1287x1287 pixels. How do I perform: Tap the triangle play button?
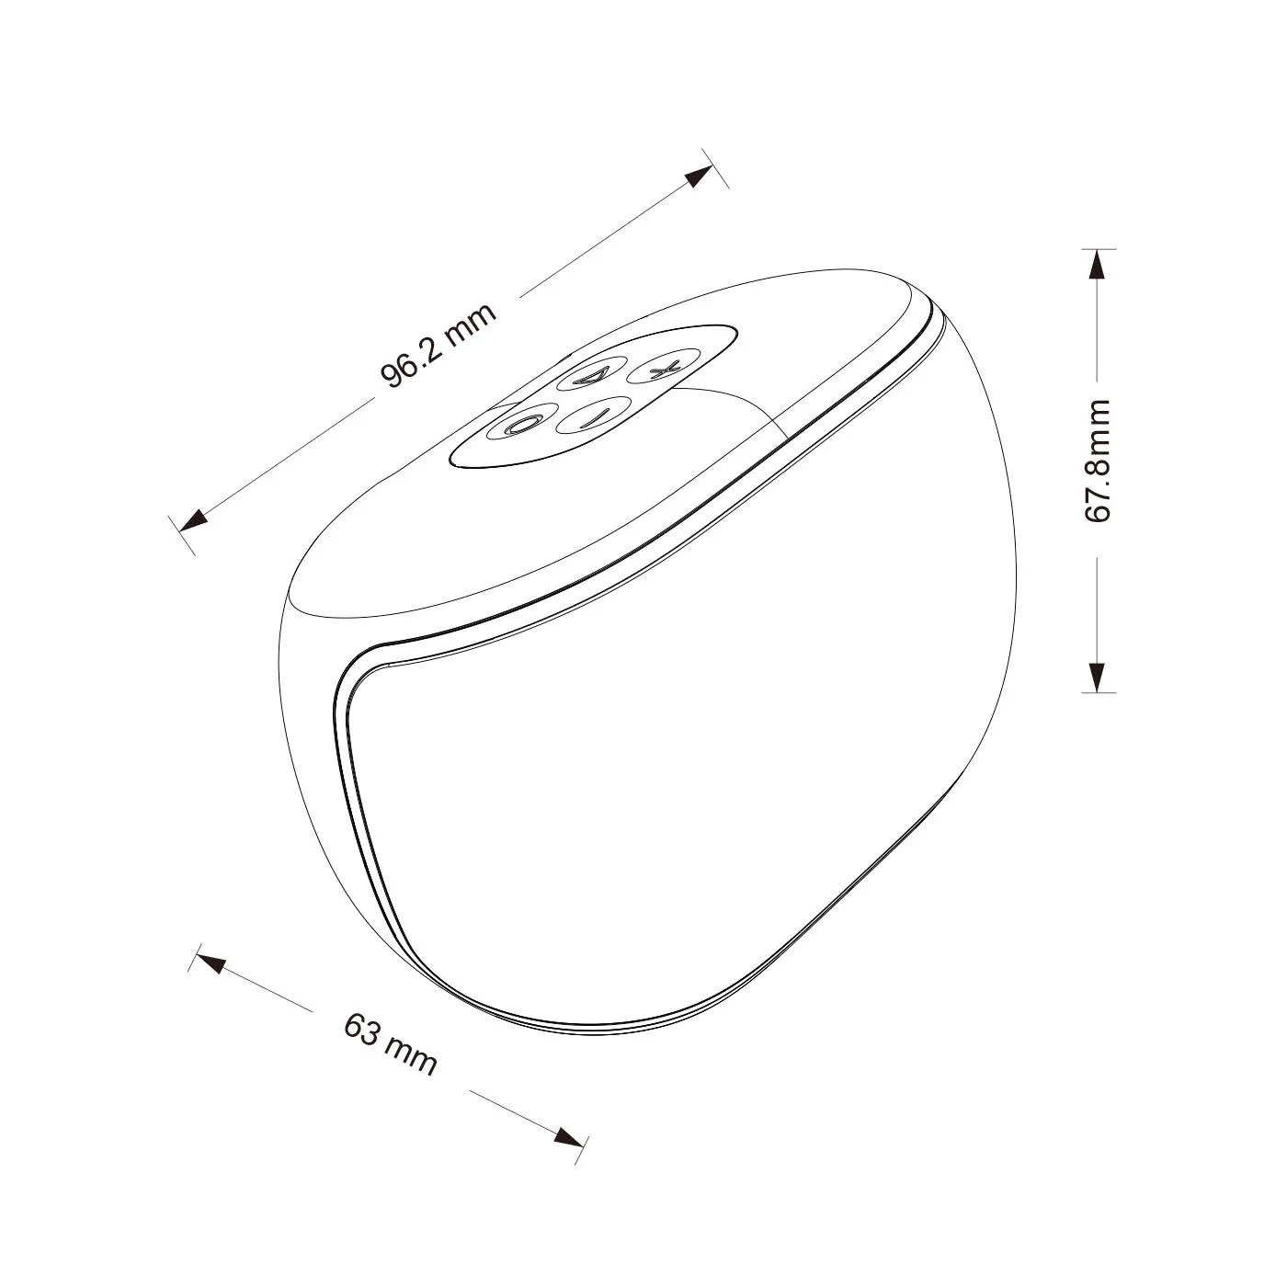pyautogui.click(x=593, y=375)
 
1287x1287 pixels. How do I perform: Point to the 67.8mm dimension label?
pyautogui.click(x=1097, y=461)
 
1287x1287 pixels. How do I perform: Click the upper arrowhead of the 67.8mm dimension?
pyautogui.click(x=1096, y=264)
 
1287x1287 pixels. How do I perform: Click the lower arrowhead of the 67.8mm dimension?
pyautogui.click(x=1097, y=678)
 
